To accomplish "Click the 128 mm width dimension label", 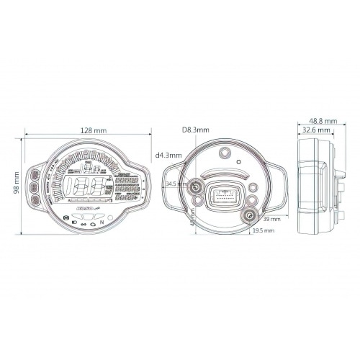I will pos(90,130).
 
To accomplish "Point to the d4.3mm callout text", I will pos(168,155).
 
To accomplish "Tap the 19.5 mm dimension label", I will pos(264,231).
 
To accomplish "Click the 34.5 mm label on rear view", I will pos(175,184).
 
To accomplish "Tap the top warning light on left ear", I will pos(33,175).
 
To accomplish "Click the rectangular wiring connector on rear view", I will pos(222,196).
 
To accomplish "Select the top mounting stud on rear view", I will pos(225,153).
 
